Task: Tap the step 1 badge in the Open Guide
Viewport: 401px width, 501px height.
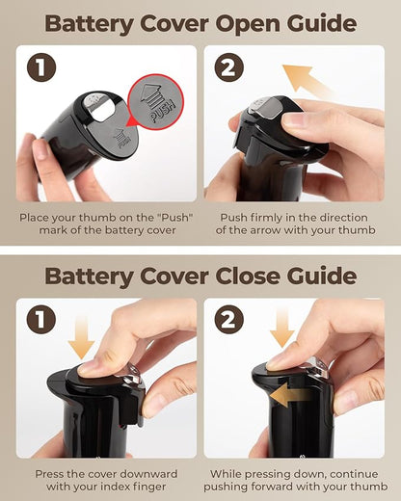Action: [41, 67]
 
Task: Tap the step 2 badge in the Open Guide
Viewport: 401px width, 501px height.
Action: [229, 67]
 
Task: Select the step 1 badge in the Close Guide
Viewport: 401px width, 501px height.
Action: [41, 320]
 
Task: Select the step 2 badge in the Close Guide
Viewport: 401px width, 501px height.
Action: [229, 320]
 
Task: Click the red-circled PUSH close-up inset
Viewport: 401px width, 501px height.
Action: [156, 102]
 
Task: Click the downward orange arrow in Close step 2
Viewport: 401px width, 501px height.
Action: [282, 328]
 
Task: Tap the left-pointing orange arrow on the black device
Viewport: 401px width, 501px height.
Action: [291, 396]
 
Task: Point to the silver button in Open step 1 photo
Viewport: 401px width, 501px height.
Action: [93, 102]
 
